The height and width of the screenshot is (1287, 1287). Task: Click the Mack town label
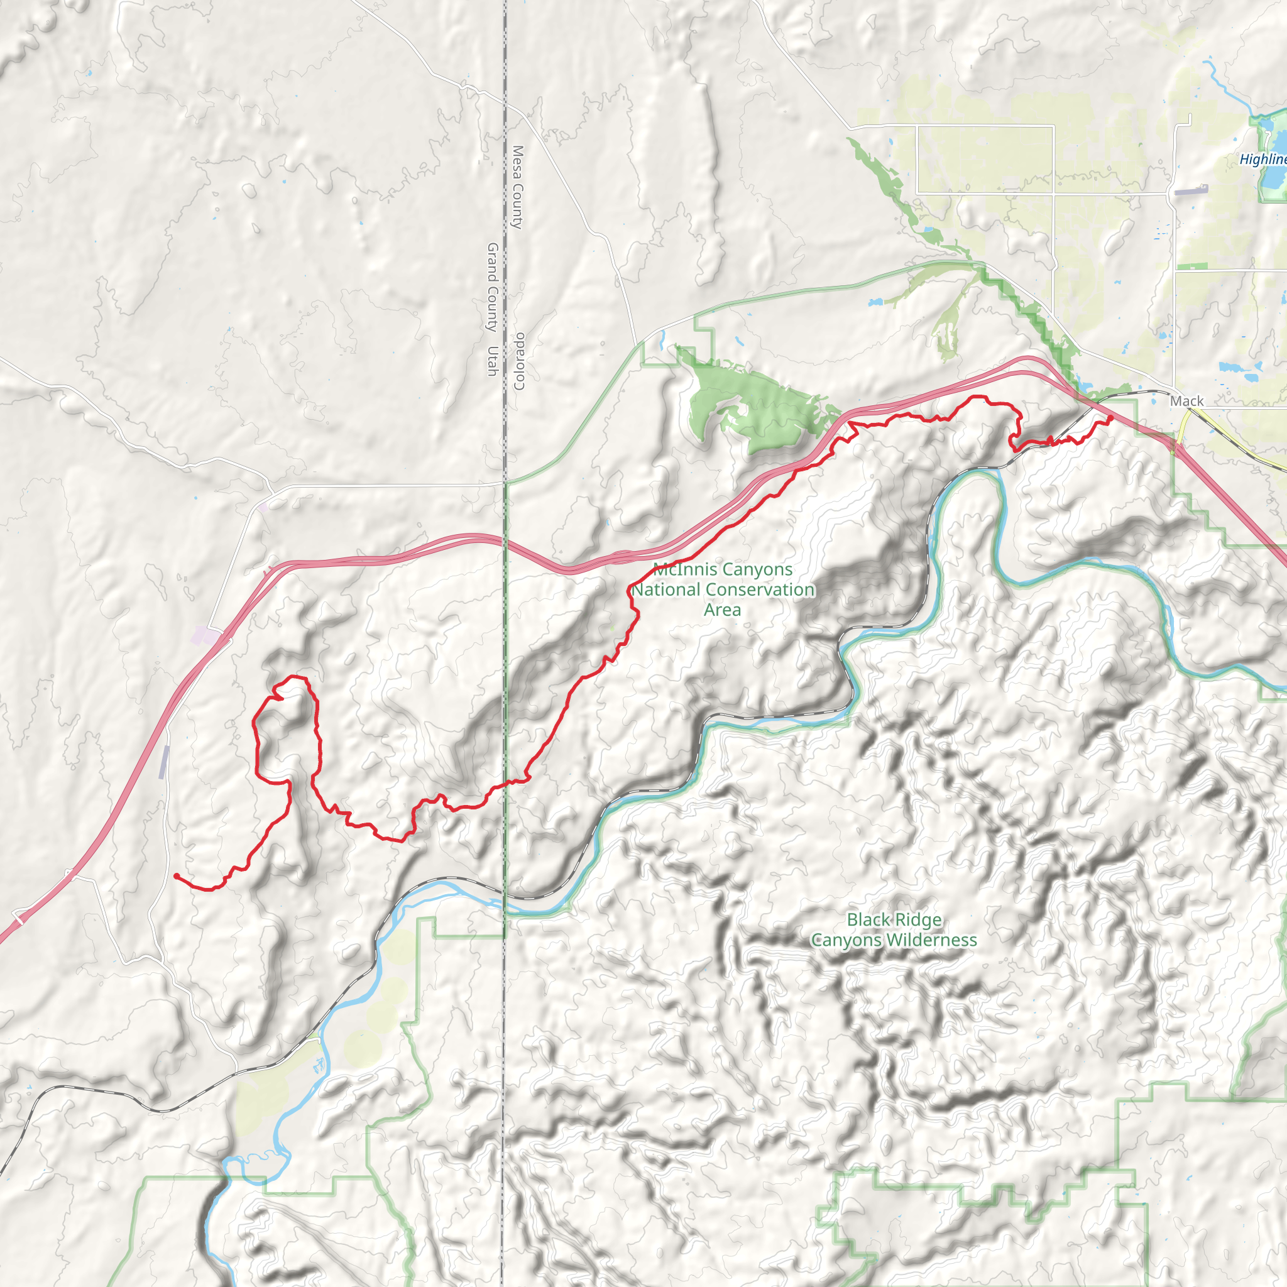[1186, 401]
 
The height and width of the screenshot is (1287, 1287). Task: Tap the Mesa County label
[518, 187]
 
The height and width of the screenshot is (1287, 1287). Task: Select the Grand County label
[493, 287]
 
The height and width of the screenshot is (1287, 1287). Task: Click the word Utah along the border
[493, 360]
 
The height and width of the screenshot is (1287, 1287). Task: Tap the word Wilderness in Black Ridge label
[939, 940]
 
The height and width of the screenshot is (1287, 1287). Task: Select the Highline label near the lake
[1262, 159]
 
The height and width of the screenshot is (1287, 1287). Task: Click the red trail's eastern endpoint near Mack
[1110, 419]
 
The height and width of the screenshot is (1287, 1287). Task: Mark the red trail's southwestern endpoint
[176, 876]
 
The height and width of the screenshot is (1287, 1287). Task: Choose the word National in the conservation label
[662, 589]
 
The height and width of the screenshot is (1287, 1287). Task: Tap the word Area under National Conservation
[722, 610]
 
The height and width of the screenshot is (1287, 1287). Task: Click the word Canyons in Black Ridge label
[842, 940]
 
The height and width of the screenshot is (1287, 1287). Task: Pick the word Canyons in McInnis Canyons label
[759, 569]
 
